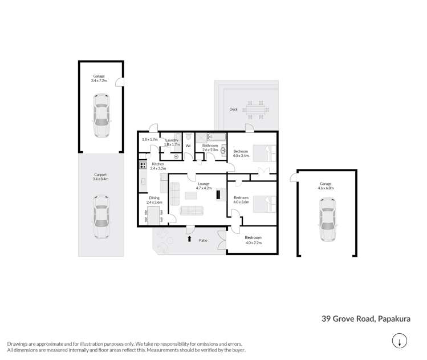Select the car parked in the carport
[x=100, y=217]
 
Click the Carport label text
[x=100, y=175]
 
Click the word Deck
[x=233, y=110]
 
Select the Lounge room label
[x=204, y=184]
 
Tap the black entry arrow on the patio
[x=189, y=238]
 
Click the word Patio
[x=204, y=239]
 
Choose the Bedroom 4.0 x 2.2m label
[x=253, y=237]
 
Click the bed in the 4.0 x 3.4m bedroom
[x=265, y=153]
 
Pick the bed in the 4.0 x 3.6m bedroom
[x=265, y=204]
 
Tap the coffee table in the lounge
[x=192, y=196]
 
